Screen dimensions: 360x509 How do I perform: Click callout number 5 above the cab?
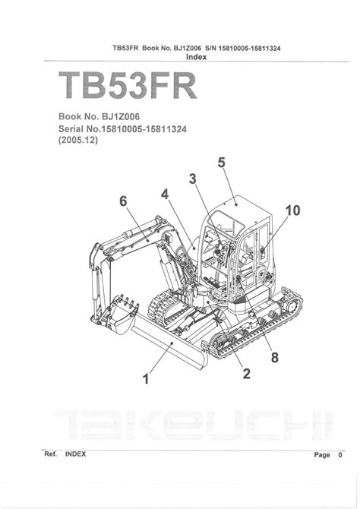(x=221, y=163)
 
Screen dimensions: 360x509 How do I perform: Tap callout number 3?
(x=193, y=179)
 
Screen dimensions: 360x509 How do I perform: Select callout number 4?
(x=165, y=194)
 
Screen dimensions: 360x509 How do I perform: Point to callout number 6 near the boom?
(x=123, y=201)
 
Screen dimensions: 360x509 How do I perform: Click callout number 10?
(x=293, y=210)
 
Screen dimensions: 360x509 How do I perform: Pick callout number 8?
(x=275, y=357)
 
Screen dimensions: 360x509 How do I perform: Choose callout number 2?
(x=247, y=374)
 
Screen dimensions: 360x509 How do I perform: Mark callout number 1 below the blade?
(x=146, y=379)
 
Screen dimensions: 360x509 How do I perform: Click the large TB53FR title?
(x=128, y=86)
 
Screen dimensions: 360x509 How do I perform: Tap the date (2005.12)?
(x=78, y=141)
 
